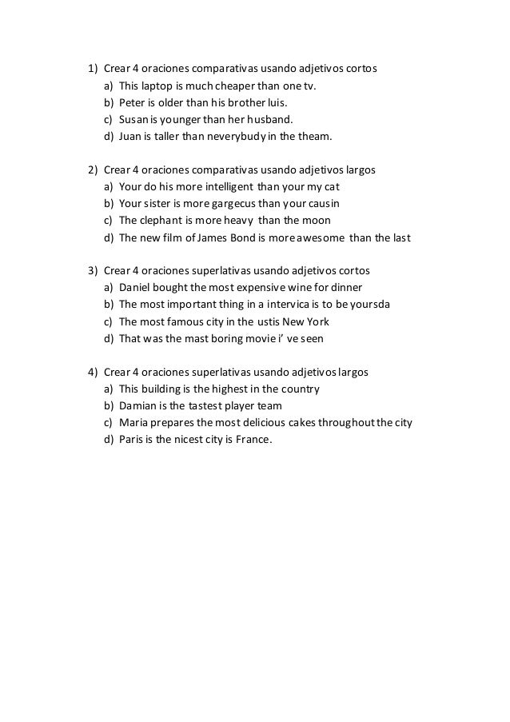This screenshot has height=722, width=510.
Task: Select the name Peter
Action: coord(132,103)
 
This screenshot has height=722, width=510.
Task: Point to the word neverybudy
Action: coord(241,137)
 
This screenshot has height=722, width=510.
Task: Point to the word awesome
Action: coord(326,237)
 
